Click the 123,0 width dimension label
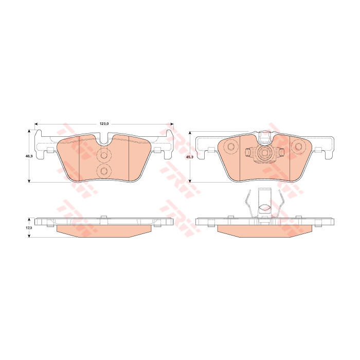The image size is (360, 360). (x=104, y=124)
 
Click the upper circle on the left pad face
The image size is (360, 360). (x=104, y=155)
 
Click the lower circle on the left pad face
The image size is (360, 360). (x=104, y=171)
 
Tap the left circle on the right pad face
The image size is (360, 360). (x=230, y=146)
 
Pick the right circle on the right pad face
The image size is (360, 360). (x=298, y=146)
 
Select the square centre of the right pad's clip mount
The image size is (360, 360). (x=264, y=153)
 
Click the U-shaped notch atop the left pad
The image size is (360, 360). (x=104, y=140)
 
